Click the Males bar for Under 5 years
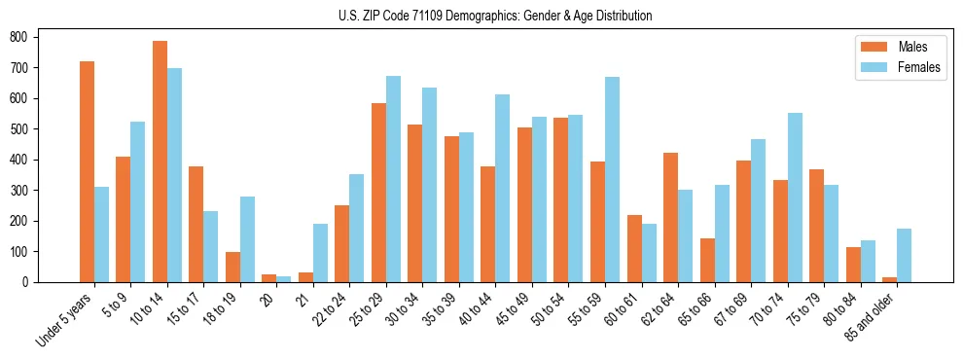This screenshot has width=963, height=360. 87,171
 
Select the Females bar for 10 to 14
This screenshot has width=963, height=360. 174,175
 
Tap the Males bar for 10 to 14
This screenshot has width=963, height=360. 160,162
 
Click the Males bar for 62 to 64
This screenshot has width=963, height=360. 670,217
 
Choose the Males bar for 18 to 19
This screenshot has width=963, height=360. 232,267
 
